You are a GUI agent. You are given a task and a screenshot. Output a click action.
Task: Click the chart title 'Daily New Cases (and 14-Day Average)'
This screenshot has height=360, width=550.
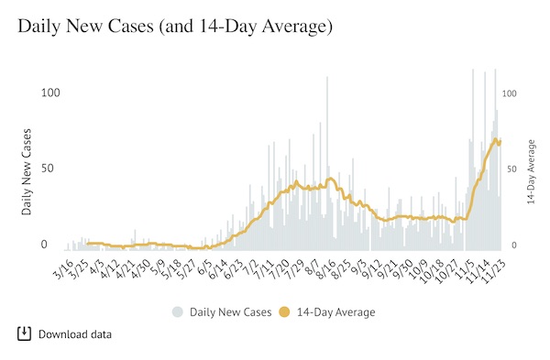tap(174, 27)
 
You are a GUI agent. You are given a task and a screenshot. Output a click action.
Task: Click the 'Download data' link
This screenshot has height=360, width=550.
tap(75, 334)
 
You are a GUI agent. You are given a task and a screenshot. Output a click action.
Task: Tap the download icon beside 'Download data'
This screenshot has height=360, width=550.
tap(25, 333)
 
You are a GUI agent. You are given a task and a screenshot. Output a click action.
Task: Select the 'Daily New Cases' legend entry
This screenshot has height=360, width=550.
tap(230, 312)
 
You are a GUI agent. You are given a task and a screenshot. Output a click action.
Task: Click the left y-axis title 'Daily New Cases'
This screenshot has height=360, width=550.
tap(27, 169)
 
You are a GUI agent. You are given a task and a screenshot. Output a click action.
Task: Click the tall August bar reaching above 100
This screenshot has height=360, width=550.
tap(327, 165)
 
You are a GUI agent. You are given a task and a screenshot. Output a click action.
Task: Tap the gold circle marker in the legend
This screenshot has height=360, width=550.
tap(285, 312)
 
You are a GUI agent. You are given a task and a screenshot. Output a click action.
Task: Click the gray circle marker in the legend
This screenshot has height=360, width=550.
tap(177, 312)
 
